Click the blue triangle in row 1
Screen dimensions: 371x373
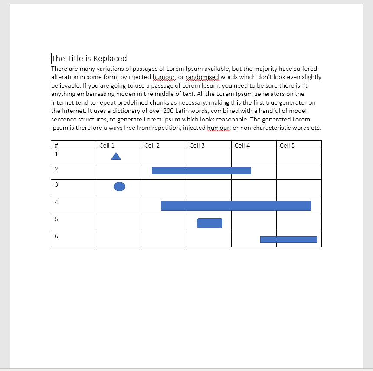click(x=116, y=156)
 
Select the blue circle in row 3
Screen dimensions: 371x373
click(x=119, y=187)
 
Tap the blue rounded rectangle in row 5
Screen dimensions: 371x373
click(x=209, y=223)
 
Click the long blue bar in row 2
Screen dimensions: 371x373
click(x=201, y=171)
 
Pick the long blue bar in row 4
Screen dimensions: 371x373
click(x=236, y=206)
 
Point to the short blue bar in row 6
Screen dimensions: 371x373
click(x=288, y=240)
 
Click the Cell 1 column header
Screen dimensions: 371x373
click(x=107, y=145)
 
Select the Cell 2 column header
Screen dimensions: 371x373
click(x=152, y=145)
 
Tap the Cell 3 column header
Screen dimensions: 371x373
click(x=197, y=145)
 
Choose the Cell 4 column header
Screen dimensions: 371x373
click(x=242, y=145)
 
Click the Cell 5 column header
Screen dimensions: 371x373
click(x=287, y=145)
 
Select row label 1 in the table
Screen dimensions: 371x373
click(x=56, y=154)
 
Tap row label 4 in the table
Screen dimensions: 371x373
click(x=56, y=202)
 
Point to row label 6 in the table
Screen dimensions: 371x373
click(x=56, y=236)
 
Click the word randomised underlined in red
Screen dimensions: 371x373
click(x=203, y=77)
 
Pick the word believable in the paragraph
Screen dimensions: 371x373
click(x=65, y=85)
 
